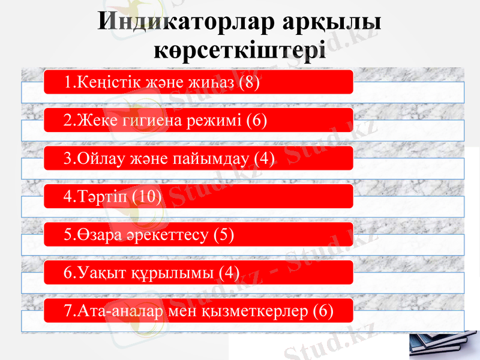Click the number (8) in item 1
[249, 83]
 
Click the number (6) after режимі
[256, 121]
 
